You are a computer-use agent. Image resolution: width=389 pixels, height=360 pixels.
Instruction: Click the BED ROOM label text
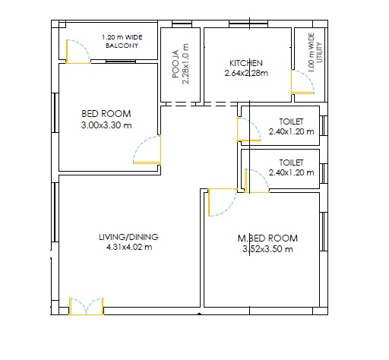(x=106, y=114)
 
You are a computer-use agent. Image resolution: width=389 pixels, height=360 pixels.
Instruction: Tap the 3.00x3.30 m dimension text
(x=106, y=125)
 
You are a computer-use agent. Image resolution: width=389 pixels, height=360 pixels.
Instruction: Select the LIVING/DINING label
(x=128, y=237)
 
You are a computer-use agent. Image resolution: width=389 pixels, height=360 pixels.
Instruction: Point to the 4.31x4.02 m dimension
(x=129, y=247)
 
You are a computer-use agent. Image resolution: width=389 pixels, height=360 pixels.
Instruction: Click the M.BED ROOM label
(x=267, y=238)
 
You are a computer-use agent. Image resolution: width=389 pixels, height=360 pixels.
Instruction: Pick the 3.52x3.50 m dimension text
(x=267, y=249)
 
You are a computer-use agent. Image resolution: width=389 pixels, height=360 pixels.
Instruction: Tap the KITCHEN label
(x=246, y=63)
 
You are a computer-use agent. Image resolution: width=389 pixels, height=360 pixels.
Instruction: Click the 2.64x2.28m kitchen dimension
(x=246, y=73)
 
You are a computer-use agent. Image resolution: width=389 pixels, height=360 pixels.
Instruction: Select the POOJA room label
(x=176, y=64)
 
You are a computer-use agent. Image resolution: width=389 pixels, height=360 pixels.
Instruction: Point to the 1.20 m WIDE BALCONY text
(x=122, y=41)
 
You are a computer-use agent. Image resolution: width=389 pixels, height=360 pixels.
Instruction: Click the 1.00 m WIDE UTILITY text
(x=315, y=52)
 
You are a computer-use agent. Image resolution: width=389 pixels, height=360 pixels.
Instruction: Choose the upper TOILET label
(x=291, y=122)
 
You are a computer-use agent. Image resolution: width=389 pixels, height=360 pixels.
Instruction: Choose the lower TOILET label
(x=291, y=163)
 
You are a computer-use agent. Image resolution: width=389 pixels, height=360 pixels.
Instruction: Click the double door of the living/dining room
(x=86, y=307)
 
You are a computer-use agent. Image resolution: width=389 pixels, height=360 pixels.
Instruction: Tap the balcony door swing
(x=78, y=52)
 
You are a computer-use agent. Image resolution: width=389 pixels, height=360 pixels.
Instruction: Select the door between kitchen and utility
(x=302, y=82)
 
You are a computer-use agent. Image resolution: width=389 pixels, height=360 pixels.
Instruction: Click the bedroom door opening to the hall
(x=147, y=150)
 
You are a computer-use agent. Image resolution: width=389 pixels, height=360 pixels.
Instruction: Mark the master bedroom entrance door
(x=223, y=202)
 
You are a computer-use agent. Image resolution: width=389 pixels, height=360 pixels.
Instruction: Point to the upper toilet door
(x=248, y=129)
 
